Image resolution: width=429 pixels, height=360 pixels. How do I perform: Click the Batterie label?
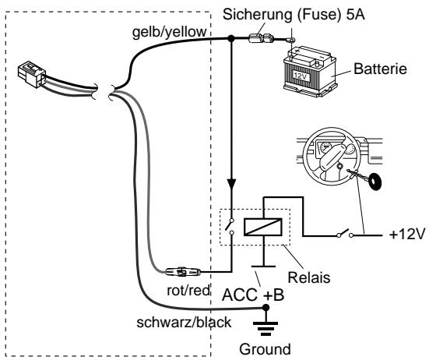[x=380, y=69]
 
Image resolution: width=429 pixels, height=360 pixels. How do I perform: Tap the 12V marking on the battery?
[x=301, y=76]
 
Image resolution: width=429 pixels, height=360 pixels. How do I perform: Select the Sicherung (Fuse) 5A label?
[x=294, y=14]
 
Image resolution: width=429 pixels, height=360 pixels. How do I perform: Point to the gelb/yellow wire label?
[x=170, y=32]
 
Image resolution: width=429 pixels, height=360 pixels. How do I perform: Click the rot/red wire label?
[x=188, y=291]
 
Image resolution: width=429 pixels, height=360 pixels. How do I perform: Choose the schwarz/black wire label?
[x=184, y=323]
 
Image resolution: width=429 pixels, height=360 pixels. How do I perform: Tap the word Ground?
[x=265, y=349]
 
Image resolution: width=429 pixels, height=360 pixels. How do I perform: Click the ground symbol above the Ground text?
[x=265, y=327]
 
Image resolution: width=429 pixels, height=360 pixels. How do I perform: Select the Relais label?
[x=309, y=277]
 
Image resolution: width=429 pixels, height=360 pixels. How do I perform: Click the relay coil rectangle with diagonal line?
[x=262, y=227]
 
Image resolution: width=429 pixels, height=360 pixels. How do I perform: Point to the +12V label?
[x=407, y=235]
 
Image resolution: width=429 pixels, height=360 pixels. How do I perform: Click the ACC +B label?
[x=253, y=295]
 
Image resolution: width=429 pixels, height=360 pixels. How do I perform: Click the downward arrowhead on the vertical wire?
[x=231, y=184]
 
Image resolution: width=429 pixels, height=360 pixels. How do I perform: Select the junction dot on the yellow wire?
[x=231, y=39]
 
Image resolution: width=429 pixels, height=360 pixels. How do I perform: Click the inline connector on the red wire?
[x=183, y=272]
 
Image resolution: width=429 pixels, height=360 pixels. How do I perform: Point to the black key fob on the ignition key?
[x=374, y=182]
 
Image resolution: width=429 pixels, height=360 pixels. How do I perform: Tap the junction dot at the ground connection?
[x=265, y=308]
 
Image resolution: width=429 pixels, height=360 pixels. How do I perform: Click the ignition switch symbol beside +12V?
[x=345, y=234]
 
